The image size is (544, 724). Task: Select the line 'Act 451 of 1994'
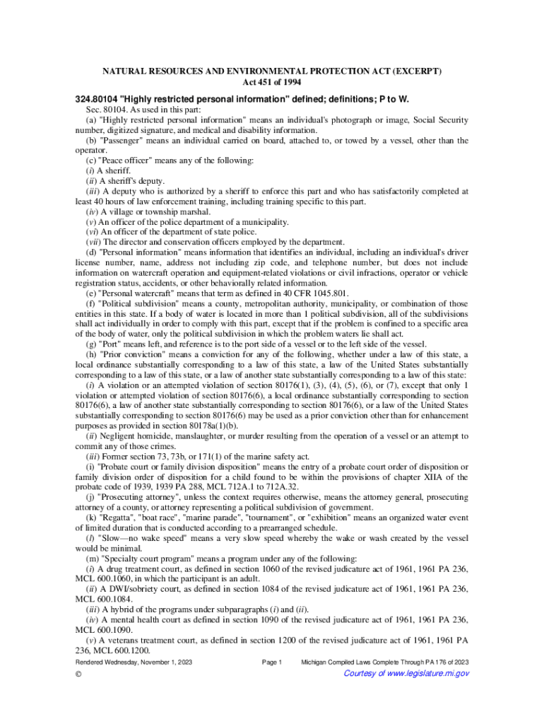point(272,83)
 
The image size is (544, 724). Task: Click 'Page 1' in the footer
point(272,662)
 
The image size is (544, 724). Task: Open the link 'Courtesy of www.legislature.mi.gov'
point(406,673)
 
